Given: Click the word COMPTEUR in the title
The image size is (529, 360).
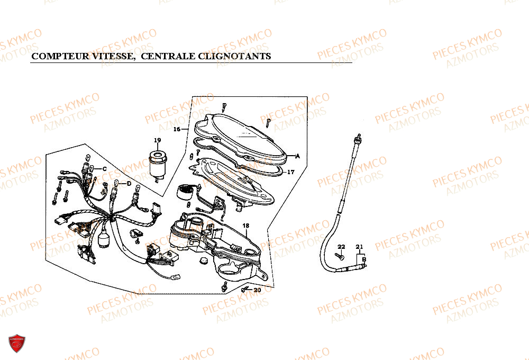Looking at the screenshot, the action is (61, 56).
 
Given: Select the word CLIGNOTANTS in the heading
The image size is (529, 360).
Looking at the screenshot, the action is (234, 56).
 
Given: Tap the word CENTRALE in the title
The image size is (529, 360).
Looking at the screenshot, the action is (168, 56).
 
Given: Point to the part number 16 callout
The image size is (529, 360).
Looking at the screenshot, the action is (177, 129).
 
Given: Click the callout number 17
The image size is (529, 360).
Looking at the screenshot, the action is (291, 172).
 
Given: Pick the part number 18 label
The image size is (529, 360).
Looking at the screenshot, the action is (245, 226).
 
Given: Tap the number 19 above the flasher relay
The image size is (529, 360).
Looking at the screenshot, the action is (157, 140).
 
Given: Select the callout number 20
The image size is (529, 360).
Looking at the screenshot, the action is (257, 290).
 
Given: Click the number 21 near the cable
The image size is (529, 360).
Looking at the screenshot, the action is (359, 247).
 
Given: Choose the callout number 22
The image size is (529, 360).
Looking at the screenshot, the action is (341, 247).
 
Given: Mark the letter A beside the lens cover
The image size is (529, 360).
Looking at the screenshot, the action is (297, 156).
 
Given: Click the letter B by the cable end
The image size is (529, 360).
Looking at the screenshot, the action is (364, 259).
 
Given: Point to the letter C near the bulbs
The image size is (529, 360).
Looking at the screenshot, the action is (104, 169).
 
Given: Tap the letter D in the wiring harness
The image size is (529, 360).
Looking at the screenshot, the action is (129, 184).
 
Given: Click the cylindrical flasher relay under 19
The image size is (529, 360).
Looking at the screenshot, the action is (158, 165).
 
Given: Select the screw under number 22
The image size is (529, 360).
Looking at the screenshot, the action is (340, 257).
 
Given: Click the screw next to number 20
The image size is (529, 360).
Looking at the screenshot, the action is (245, 290).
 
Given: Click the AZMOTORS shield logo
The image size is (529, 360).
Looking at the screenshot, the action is (17, 344).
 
